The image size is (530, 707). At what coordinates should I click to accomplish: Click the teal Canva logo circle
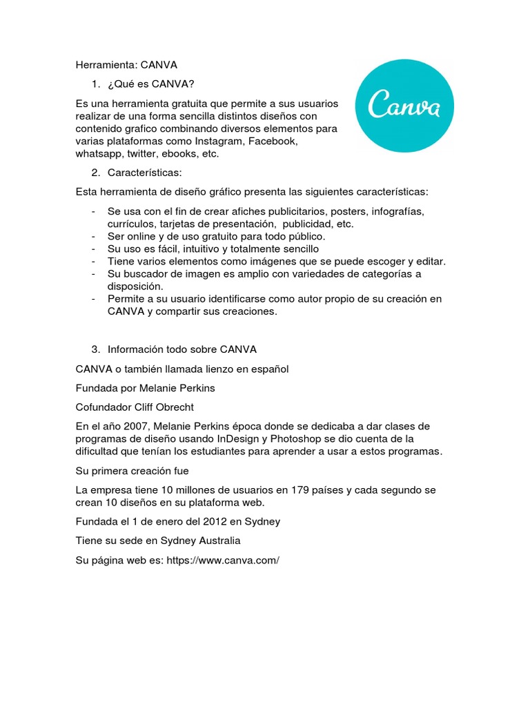click(x=404, y=106)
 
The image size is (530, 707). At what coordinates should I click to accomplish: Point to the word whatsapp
click(x=99, y=153)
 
